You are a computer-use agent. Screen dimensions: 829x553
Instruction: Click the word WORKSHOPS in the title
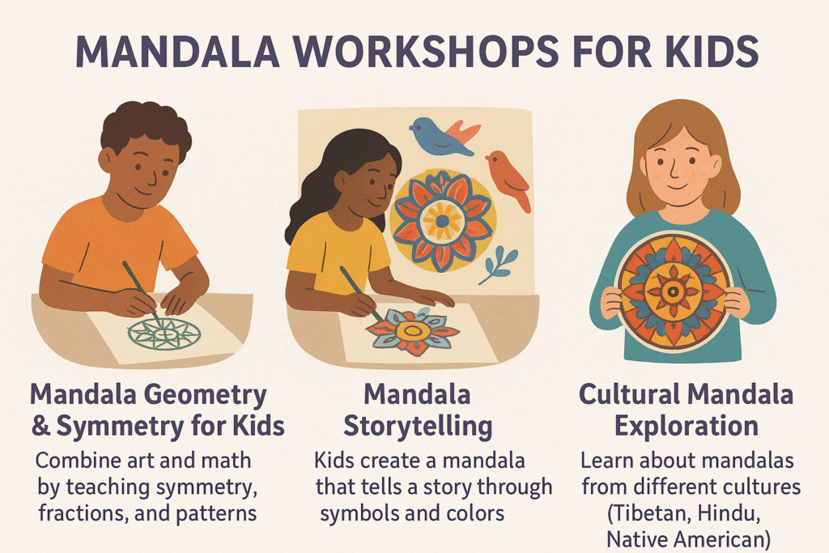425,52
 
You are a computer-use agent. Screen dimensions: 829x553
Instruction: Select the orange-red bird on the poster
508,180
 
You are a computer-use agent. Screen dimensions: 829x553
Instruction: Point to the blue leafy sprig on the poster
498,264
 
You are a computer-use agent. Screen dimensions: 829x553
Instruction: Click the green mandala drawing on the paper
164,334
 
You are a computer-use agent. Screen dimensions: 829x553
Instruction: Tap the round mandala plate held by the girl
673,291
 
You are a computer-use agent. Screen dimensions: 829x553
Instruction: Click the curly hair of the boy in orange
146,127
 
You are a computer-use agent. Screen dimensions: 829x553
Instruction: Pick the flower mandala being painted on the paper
413,331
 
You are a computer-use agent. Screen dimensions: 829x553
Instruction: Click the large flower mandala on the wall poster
442,221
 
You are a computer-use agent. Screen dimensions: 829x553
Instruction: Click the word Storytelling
418,426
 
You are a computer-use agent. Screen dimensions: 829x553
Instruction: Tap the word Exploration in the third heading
687,426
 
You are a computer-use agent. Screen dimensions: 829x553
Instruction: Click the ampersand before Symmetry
40,425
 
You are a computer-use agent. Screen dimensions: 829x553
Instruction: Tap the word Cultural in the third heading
629,394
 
